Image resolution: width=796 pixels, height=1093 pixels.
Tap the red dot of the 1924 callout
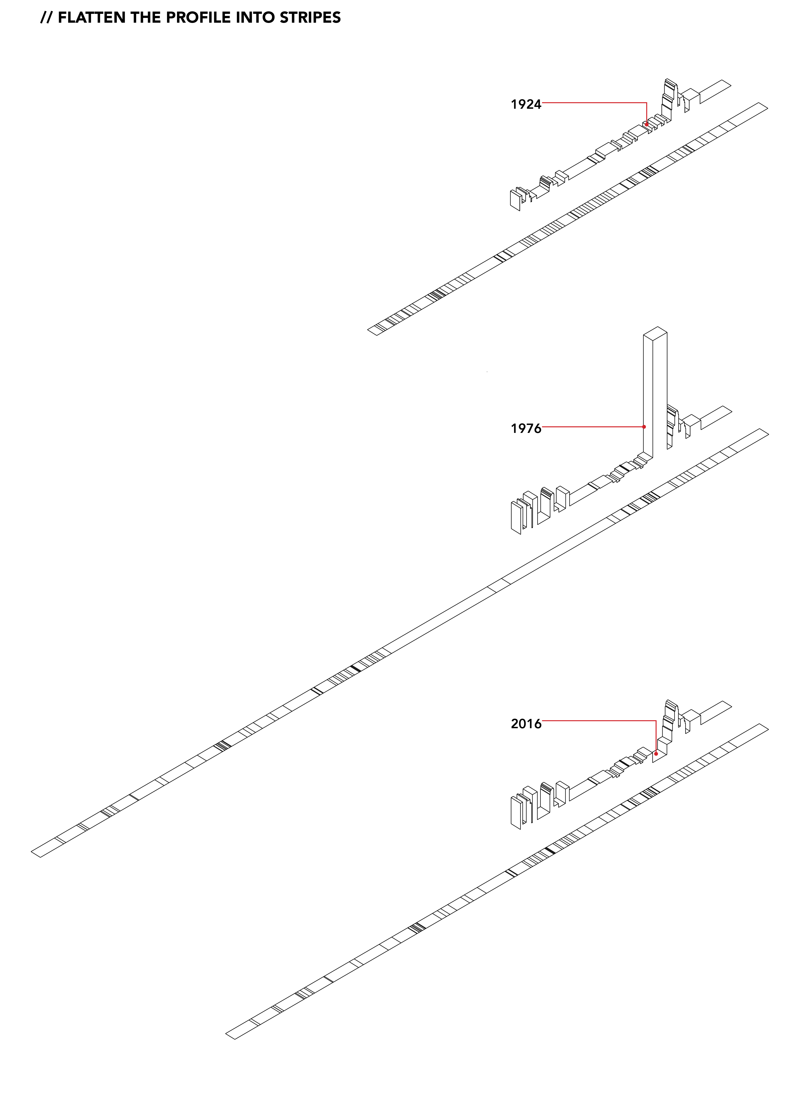point(647,124)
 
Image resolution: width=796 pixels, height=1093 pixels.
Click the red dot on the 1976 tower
point(644,427)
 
